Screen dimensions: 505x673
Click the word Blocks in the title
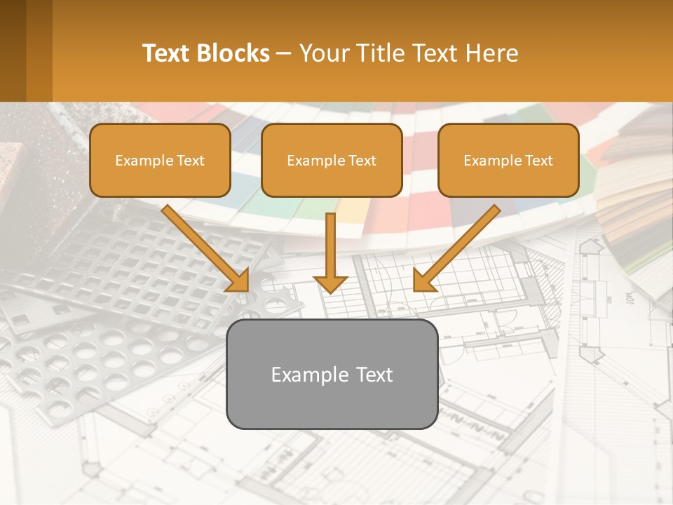(235, 53)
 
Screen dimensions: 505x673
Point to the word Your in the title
(323, 53)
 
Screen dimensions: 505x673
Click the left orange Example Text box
(160, 161)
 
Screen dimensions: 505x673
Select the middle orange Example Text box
(332, 161)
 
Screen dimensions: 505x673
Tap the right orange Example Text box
(508, 161)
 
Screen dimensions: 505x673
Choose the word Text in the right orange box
(538, 161)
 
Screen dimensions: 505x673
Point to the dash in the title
(284, 54)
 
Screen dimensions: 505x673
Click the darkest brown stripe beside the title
(13, 50)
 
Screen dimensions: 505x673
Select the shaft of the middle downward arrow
(330, 242)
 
